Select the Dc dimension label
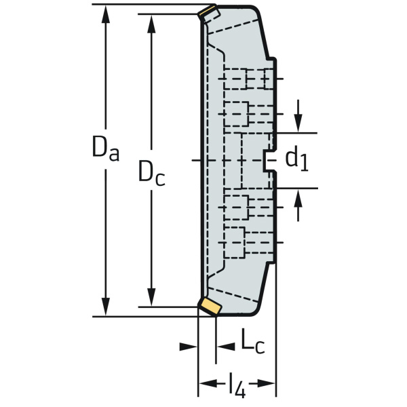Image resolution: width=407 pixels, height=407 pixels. [x=152, y=174]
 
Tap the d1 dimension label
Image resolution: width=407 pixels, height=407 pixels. [x=297, y=160]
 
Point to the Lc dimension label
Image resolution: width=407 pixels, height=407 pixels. [x=253, y=341]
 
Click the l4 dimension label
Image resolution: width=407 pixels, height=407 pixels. [x=237, y=385]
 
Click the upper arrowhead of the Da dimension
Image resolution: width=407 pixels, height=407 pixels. [x=106, y=15]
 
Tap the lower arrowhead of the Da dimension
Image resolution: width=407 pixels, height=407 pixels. [x=106, y=307]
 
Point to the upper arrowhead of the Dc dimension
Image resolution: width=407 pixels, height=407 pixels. [x=151, y=24]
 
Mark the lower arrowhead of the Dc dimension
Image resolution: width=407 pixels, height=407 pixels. [x=151, y=297]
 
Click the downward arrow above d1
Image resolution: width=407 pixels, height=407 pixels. [x=298, y=116]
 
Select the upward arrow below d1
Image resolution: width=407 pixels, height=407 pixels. [x=298, y=205]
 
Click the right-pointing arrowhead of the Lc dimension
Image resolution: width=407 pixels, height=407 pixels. [x=226, y=346]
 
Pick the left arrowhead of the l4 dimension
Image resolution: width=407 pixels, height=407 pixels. [x=208, y=383]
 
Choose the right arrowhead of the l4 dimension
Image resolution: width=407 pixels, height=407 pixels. [x=265, y=383]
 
